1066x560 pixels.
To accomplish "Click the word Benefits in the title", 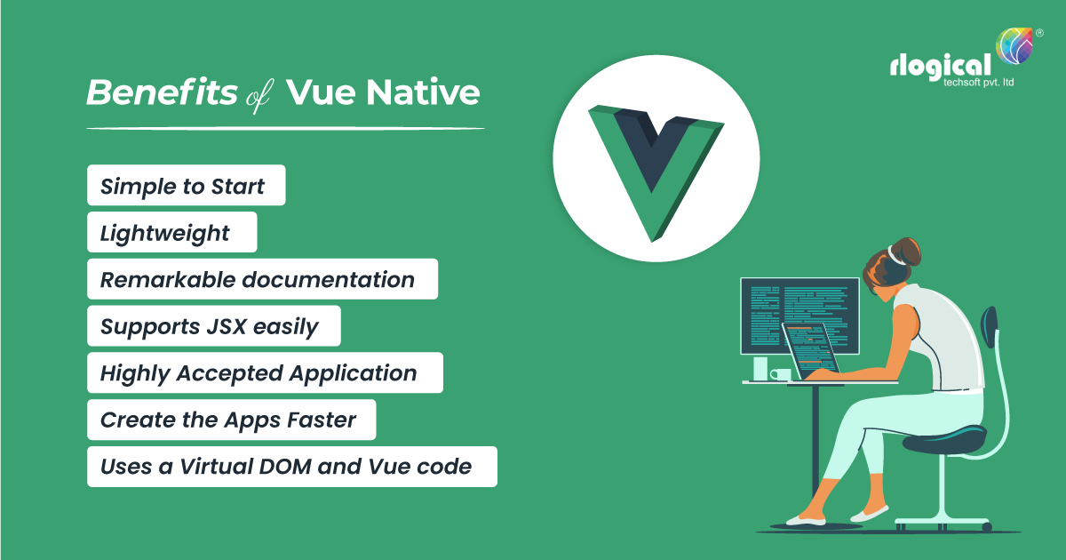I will pyautogui.click(x=162, y=93).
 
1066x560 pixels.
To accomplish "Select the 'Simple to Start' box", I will pyautogui.click(x=186, y=186).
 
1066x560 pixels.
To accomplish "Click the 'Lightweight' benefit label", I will pyautogui.click(x=171, y=232).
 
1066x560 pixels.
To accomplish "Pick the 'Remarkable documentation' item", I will pyautogui.click(x=262, y=279).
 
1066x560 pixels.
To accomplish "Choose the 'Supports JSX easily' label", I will pyautogui.click(x=213, y=325).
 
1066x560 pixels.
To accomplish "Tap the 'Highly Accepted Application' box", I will pyautogui.click(x=264, y=372).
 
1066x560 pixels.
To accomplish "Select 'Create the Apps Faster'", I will pyautogui.click(x=231, y=420).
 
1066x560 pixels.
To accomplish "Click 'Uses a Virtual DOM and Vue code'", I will pyautogui.click(x=291, y=466).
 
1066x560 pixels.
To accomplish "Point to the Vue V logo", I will pyautogui.click(x=656, y=169).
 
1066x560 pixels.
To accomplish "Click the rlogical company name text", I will pyautogui.click(x=941, y=66).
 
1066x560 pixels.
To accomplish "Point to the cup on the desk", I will pyautogui.click(x=780, y=375).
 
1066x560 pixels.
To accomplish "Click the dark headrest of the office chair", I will pyautogui.click(x=989, y=333).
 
